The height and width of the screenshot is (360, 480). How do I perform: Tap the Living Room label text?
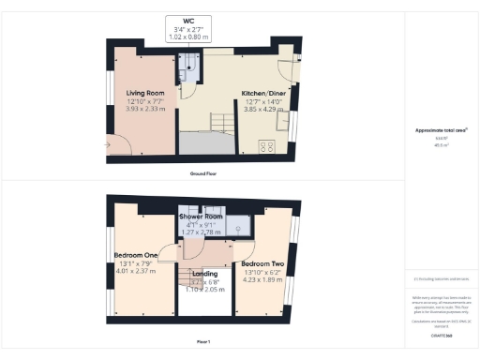pyautogui.click(x=145, y=93)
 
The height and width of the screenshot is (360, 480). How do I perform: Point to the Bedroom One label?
pyautogui.click(x=137, y=256)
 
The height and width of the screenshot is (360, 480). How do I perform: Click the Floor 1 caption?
pyautogui.click(x=202, y=340)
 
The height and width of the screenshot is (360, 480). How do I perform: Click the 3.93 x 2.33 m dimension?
pyautogui.click(x=145, y=109)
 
